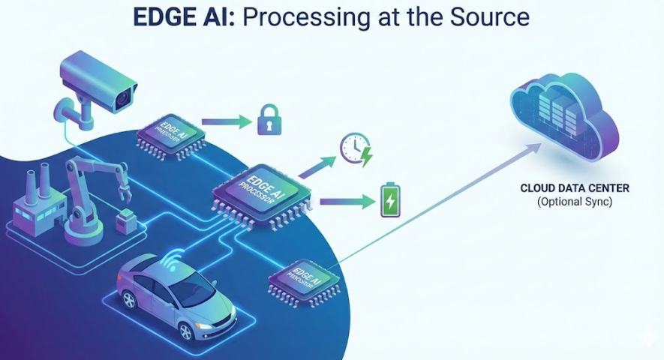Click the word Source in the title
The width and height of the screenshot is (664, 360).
pyautogui.click(x=494, y=18)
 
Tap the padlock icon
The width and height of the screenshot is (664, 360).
pyautogui.click(x=269, y=119)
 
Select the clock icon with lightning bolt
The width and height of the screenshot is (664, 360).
pyautogui.click(x=355, y=148)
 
